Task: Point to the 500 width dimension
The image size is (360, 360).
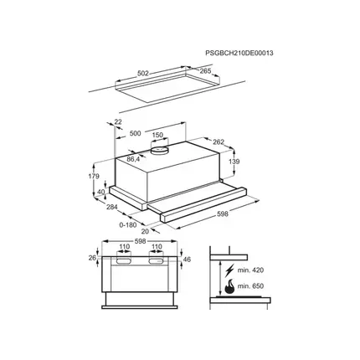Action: pos(135,134)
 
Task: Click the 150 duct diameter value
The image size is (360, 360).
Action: pos(157,134)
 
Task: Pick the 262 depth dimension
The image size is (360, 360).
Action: pos(219,141)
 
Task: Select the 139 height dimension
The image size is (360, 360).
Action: pos(234,161)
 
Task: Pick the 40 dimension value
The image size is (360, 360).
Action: pos(102,192)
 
